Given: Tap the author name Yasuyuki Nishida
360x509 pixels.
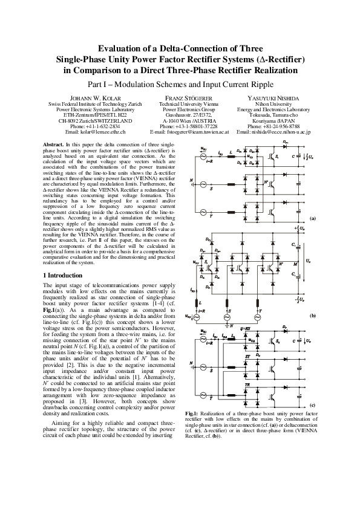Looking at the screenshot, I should click(273, 97).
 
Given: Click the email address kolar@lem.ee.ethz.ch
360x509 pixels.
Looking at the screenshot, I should click(95, 131).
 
